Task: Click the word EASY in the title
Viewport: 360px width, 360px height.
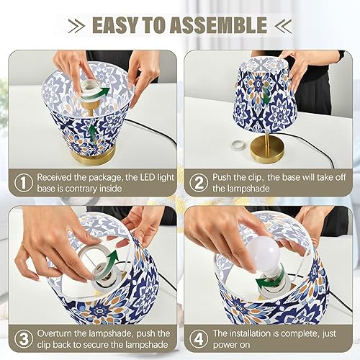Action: [120, 26]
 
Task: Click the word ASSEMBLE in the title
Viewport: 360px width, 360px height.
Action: [217, 26]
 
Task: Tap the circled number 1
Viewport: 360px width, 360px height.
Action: [23, 183]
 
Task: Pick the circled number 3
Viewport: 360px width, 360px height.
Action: [23, 339]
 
